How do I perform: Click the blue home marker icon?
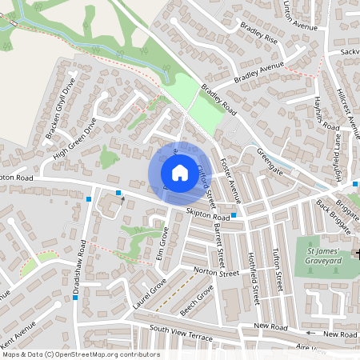180,172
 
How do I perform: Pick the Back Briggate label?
334,216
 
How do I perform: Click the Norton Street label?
217,273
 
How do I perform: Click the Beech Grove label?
198,302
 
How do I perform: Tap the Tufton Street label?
278,270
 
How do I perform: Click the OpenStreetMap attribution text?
81,354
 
